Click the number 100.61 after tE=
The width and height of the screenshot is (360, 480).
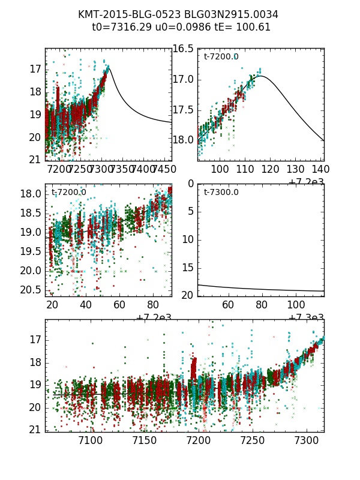pyautogui.click(x=256, y=27)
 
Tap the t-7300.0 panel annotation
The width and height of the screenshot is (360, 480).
pyautogui.click(x=221, y=192)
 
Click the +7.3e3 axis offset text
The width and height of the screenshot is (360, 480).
pyautogui.click(x=306, y=318)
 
